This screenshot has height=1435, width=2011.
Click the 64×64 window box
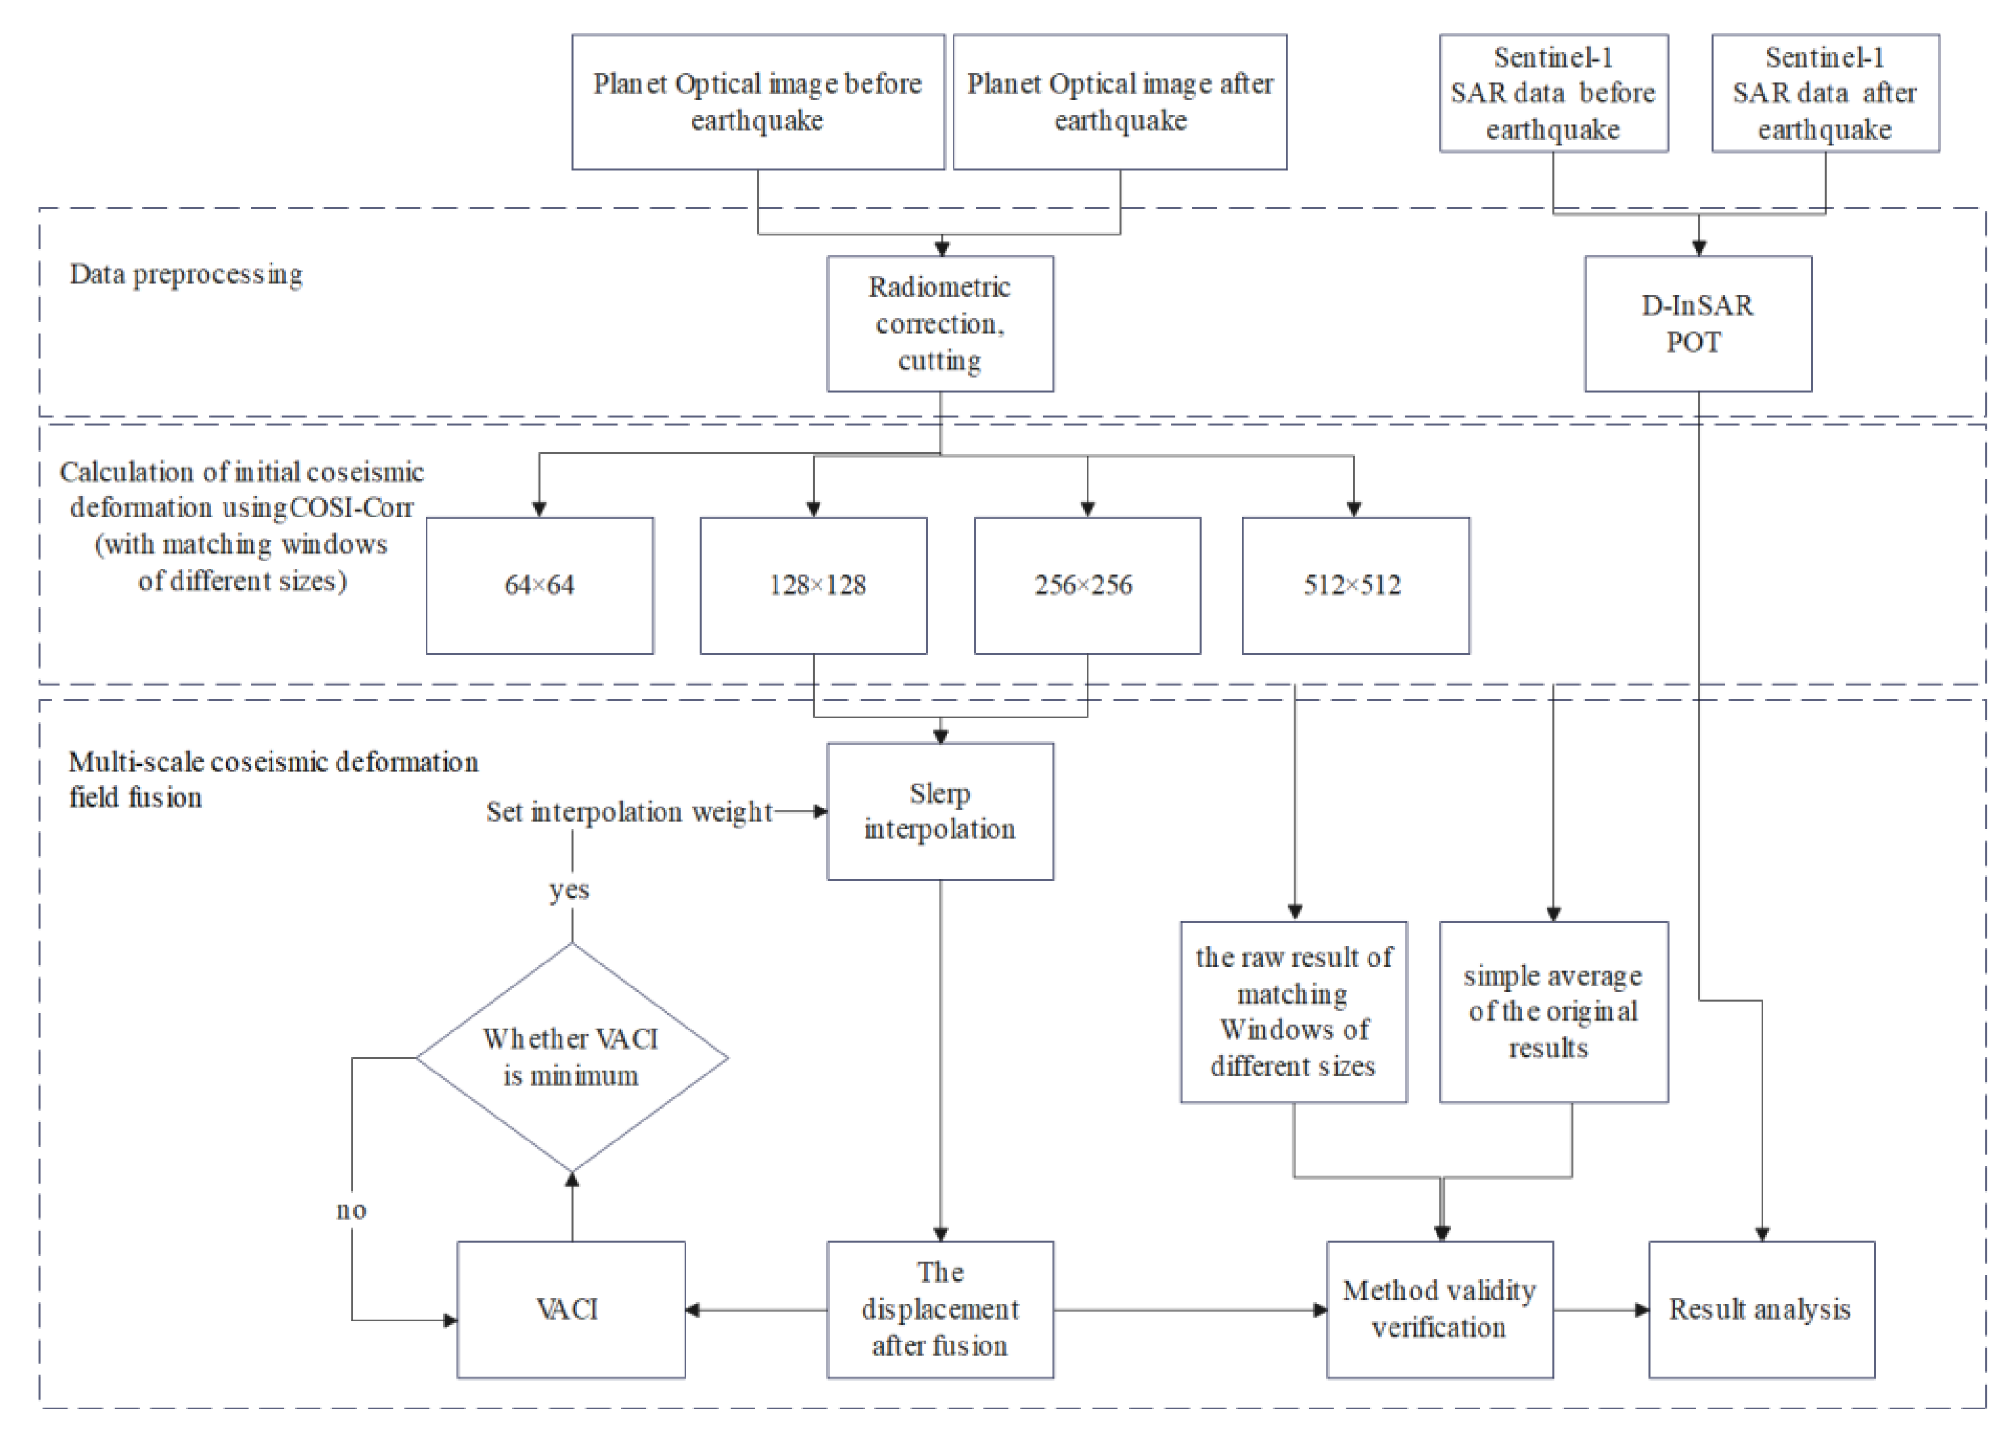tap(539, 585)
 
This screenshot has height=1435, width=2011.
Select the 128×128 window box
tap(813, 585)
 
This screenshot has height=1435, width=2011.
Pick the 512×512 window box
tap(1355, 585)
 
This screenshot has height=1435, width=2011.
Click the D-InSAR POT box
tap(1697, 323)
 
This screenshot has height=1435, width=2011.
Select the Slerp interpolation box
tap(940, 810)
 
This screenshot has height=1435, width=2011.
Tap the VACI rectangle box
tap(571, 1309)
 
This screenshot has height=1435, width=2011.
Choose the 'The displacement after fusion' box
tap(940, 1309)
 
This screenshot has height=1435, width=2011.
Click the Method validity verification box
tap(1439, 1309)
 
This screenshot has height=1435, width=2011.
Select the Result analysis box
tap(1761, 1309)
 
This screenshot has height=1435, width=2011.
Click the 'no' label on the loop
tap(352, 1210)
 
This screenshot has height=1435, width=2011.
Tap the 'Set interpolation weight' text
tap(629, 811)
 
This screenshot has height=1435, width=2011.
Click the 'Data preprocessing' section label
tap(186, 274)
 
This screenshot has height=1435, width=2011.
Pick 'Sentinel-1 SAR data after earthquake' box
tap(1825, 93)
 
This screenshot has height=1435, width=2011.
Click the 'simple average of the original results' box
tap(1554, 1012)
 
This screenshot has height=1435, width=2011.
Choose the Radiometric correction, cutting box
tap(940, 323)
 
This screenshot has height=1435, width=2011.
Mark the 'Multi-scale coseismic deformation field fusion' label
tap(273, 778)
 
